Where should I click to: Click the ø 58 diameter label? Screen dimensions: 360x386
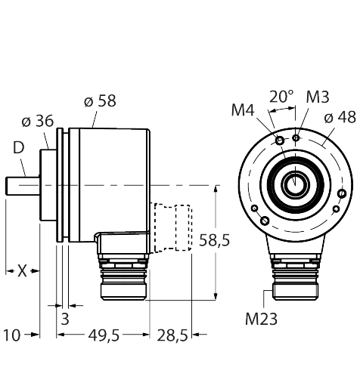coord(100,101)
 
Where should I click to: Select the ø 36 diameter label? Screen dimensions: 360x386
coord(38,121)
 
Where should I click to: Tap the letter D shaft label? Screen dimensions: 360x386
coord(18,148)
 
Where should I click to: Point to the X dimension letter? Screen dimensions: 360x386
coord(22,271)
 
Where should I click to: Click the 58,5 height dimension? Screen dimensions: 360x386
coord(215,240)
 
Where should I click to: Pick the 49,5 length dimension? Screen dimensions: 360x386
coord(104,335)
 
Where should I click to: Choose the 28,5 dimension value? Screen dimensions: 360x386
coord(172,335)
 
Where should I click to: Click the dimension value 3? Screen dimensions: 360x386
coord(65,319)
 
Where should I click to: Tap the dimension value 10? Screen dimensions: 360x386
coord(11,335)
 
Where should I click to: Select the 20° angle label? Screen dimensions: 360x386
coord(281,97)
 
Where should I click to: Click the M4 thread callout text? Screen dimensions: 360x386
coord(243,110)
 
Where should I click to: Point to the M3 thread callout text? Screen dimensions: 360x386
coord(318,97)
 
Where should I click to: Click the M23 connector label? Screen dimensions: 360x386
coord(261,319)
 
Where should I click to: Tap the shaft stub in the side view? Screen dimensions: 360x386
coord(23,186)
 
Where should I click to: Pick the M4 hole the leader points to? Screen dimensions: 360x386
coord(280,141)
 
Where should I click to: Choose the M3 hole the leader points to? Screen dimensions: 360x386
coord(296,137)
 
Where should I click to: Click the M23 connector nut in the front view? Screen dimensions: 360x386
coord(295,292)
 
